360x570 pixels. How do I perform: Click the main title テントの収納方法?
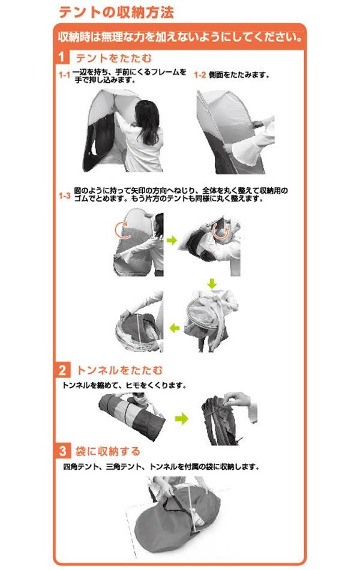pos(116,12)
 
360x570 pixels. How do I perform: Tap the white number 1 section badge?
pos(62,58)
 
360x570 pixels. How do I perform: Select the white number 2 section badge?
pos(62,370)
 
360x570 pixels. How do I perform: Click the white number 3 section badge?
pos(62,451)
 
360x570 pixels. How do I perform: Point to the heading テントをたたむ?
pos(113,58)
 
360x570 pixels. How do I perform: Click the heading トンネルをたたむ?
pos(119,370)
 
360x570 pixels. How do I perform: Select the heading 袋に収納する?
pos(107,451)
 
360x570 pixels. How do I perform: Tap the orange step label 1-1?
pos(64,75)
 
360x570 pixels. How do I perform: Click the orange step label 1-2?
pos(200,75)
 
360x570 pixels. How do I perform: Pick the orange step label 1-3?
pos(65,196)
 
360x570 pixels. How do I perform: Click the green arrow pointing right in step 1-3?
pos(172,240)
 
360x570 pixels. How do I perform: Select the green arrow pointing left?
pos(175,328)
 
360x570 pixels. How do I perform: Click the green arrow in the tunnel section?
pos(181,419)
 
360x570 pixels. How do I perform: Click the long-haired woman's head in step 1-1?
pos(147,113)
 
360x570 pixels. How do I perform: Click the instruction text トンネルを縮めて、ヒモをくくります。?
pos(124,385)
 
